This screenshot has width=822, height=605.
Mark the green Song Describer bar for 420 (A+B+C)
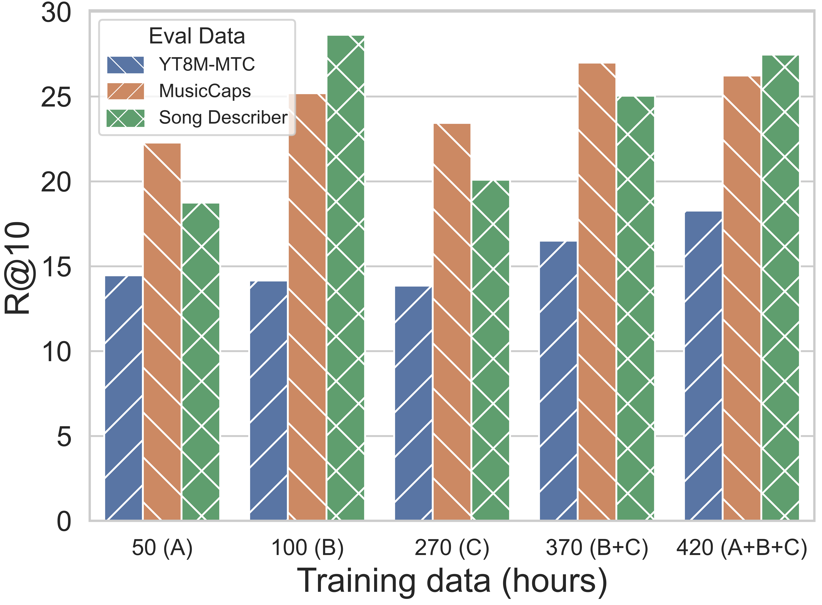click(x=780, y=287)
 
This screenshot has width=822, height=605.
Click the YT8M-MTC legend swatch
click(x=126, y=65)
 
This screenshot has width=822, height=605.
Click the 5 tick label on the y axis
click(x=64, y=437)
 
